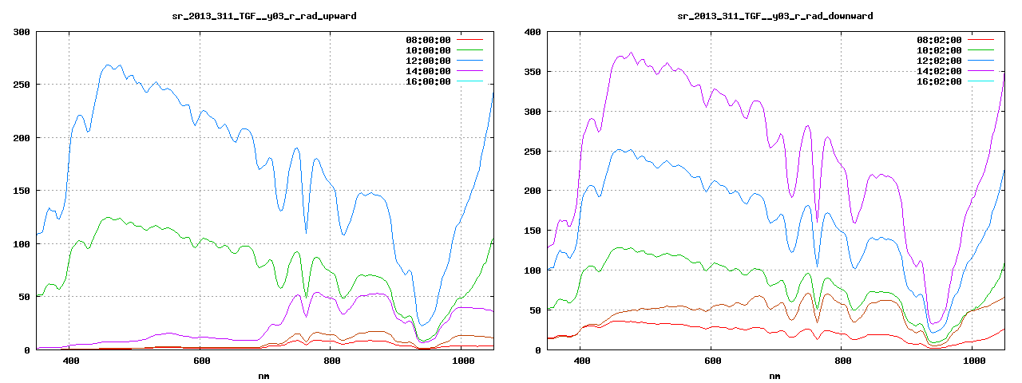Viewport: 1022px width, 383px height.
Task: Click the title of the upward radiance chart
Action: tap(265, 16)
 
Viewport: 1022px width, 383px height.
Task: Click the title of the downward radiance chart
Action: tap(775, 16)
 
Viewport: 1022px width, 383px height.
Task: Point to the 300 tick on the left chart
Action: tap(21, 32)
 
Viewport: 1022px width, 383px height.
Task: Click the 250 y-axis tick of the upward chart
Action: tap(21, 85)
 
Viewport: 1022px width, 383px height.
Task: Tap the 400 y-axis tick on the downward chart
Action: tap(532, 32)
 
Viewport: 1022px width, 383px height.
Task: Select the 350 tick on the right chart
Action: tap(532, 72)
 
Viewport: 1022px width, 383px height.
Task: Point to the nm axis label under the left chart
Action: tap(264, 375)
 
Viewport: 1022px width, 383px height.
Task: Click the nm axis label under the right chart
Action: tap(775, 375)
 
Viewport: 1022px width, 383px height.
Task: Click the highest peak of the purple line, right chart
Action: tap(631, 53)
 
